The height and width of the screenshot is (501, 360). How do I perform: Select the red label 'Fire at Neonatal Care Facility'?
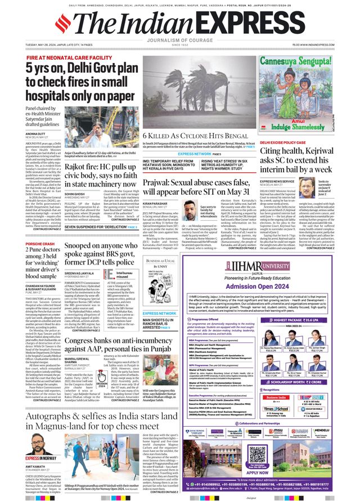tap(69, 58)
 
